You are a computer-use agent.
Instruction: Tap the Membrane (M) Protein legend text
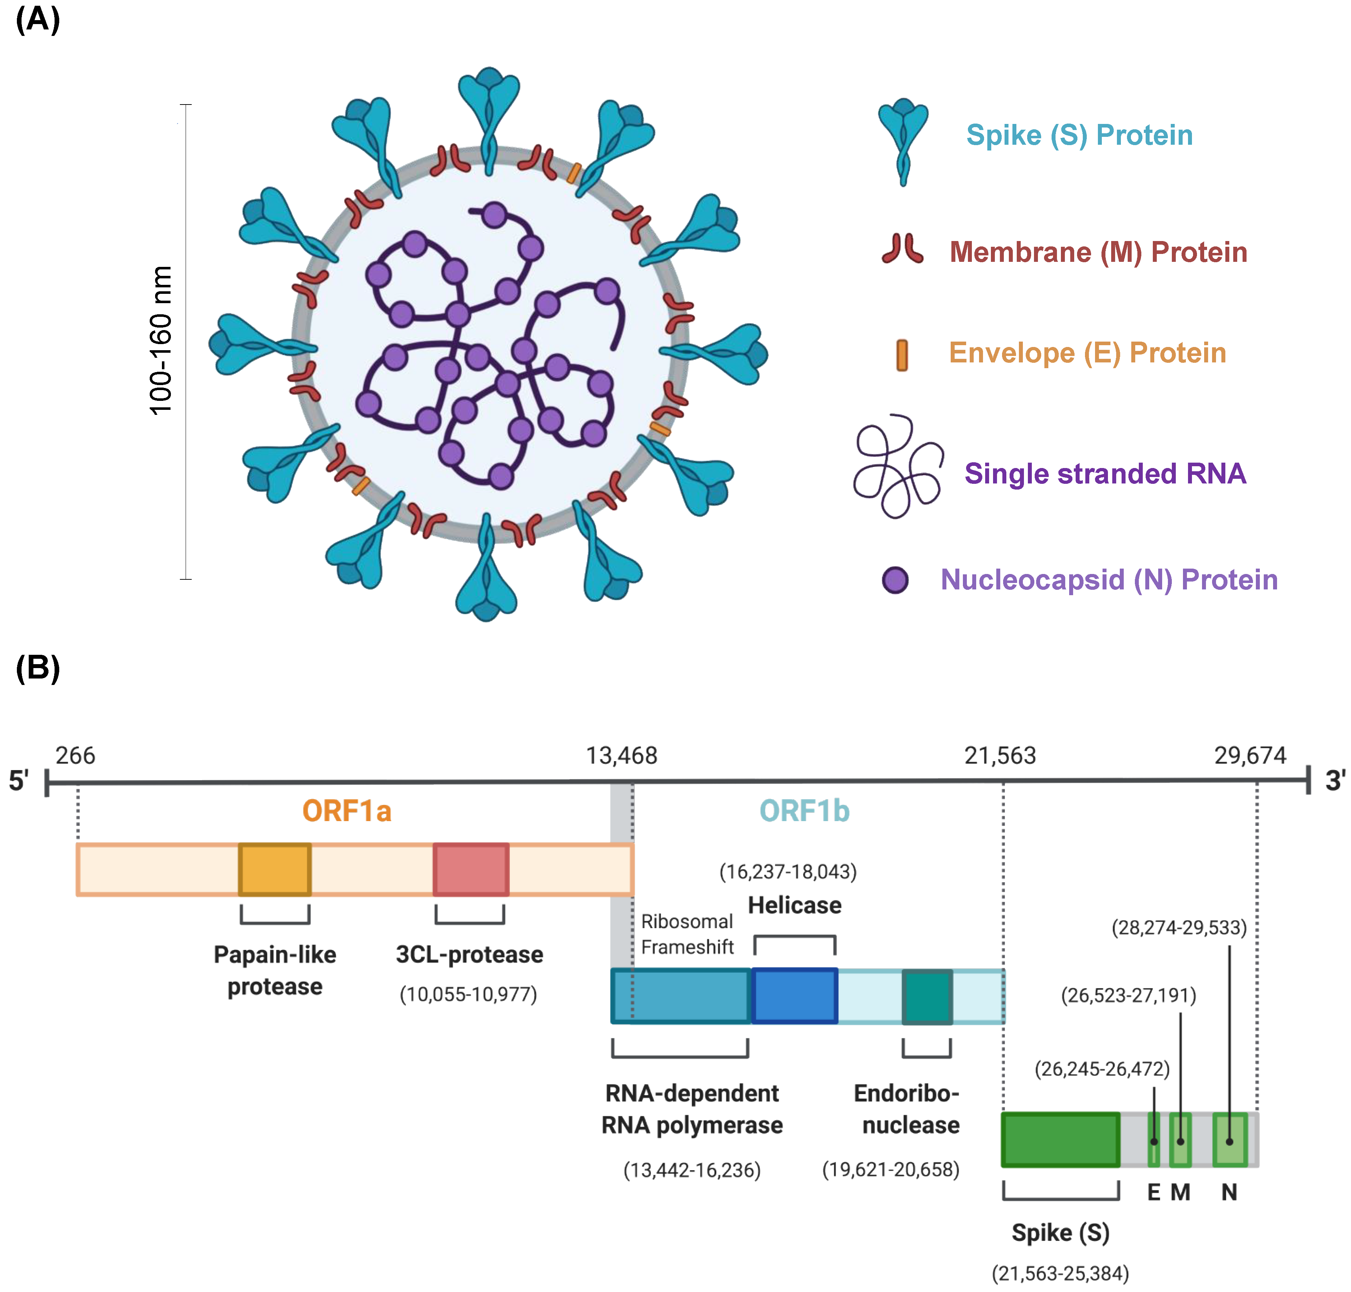click(1098, 252)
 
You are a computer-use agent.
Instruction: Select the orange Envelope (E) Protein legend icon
click(902, 355)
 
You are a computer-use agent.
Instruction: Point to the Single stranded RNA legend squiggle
click(897, 466)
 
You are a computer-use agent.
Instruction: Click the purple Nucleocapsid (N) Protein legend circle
click(895, 580)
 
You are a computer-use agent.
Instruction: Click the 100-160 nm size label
click(160, 341)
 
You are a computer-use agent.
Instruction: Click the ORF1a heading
click(347, 811)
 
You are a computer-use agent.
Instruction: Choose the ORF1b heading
click(804, 811)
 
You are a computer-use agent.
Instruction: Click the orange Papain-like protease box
click(275, 869)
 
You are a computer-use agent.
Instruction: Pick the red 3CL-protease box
click(471, 869)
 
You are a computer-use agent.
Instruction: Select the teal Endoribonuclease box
click(927, 996)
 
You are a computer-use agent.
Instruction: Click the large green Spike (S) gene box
click(1060, 1140)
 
